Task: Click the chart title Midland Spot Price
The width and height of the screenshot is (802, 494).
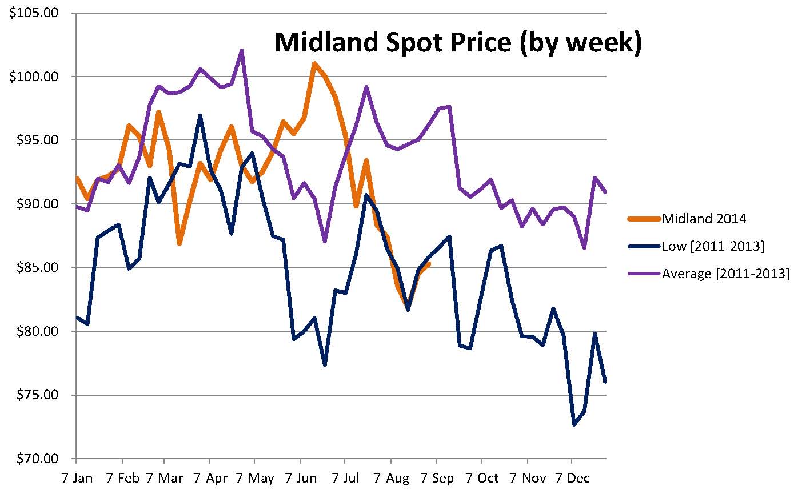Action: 457,42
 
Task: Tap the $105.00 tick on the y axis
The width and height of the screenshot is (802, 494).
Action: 34,13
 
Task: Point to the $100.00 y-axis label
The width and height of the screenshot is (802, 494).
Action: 34,77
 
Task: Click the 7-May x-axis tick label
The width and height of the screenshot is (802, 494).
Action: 254,477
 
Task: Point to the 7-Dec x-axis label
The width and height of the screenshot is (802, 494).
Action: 571,477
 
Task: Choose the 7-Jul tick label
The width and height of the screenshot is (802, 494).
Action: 345,477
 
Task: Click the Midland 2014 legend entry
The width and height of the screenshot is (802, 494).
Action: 704,218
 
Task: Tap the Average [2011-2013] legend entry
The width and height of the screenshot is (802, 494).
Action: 725,274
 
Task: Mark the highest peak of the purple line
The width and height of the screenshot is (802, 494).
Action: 242,50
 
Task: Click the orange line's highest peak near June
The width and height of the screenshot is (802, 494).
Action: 314,63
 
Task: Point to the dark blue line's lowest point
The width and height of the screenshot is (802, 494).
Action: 574,424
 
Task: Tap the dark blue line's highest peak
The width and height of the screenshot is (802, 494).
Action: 199,115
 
